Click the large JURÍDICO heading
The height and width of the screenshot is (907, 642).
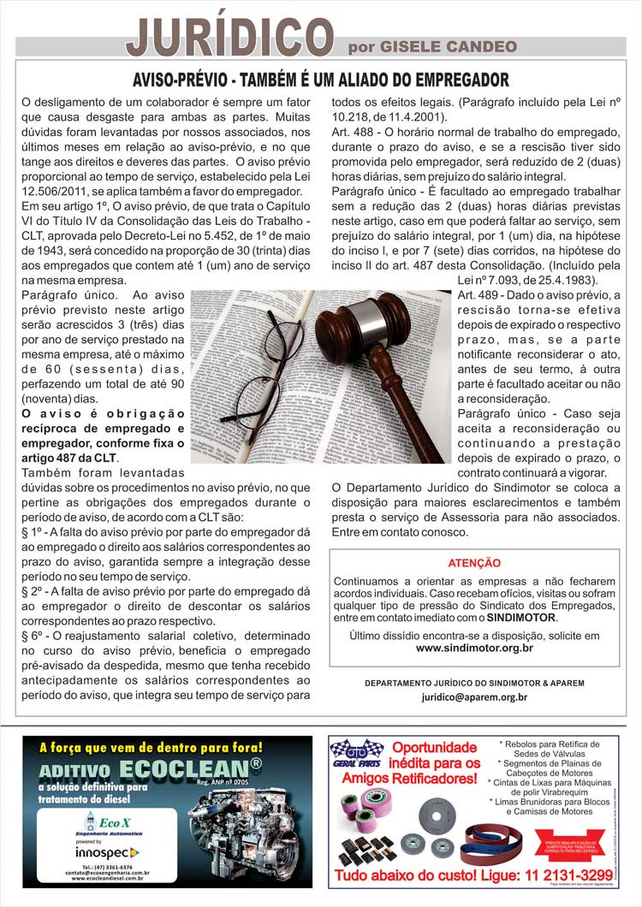coord(229,34)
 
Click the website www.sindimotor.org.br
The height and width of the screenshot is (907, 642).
coord(474,648)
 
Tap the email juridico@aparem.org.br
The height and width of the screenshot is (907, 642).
coord(474,697)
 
